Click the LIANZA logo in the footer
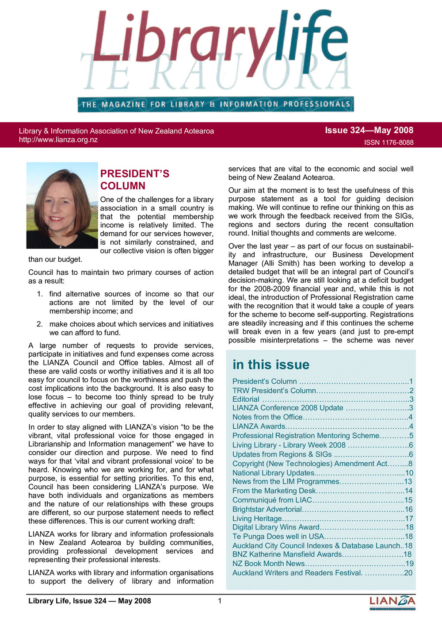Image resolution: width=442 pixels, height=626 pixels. (x=392, y=602)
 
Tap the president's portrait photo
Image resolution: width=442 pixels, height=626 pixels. (x=62, y=205)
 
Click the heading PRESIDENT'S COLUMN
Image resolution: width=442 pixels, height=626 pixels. (x=134, y=180)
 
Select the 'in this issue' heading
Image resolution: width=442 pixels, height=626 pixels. (x=271, y=365)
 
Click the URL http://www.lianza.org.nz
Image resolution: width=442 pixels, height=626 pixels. (x=58, y=140)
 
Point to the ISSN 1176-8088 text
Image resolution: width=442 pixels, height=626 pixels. (x=389, y=142)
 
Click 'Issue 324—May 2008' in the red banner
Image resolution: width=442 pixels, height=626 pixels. (x=369, y=130)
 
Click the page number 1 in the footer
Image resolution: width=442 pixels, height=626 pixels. (x=220, y=601)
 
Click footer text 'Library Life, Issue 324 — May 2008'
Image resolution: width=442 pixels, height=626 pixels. (x=90, y=601)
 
